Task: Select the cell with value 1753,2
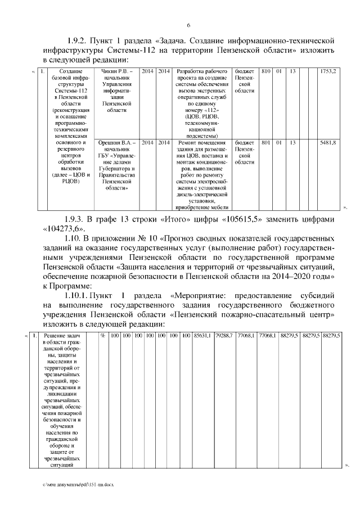(328, 72)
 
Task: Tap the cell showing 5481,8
(328, 143)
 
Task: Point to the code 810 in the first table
(267, 72)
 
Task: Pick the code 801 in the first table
(267, 143)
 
